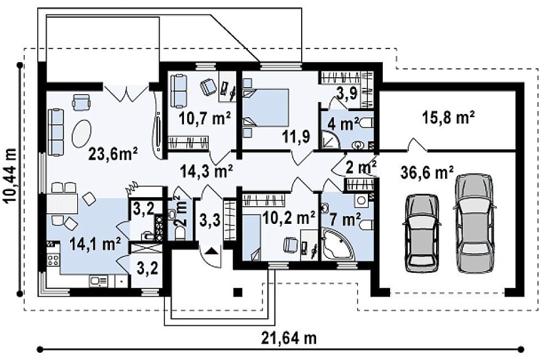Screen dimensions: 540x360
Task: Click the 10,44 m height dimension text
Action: pos(11,175)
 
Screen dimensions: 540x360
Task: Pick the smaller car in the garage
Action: pos(422,234)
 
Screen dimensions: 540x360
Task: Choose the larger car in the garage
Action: pos(474,223)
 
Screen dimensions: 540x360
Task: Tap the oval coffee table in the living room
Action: pos(82,133)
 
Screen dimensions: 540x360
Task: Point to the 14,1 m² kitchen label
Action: pos(95,244)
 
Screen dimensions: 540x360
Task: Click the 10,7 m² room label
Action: pos(205,118)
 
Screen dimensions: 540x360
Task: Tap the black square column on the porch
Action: pos(238,292)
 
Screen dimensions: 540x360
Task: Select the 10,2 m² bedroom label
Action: pos(288,217)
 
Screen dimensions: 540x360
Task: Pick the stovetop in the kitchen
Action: pos(53,259)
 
